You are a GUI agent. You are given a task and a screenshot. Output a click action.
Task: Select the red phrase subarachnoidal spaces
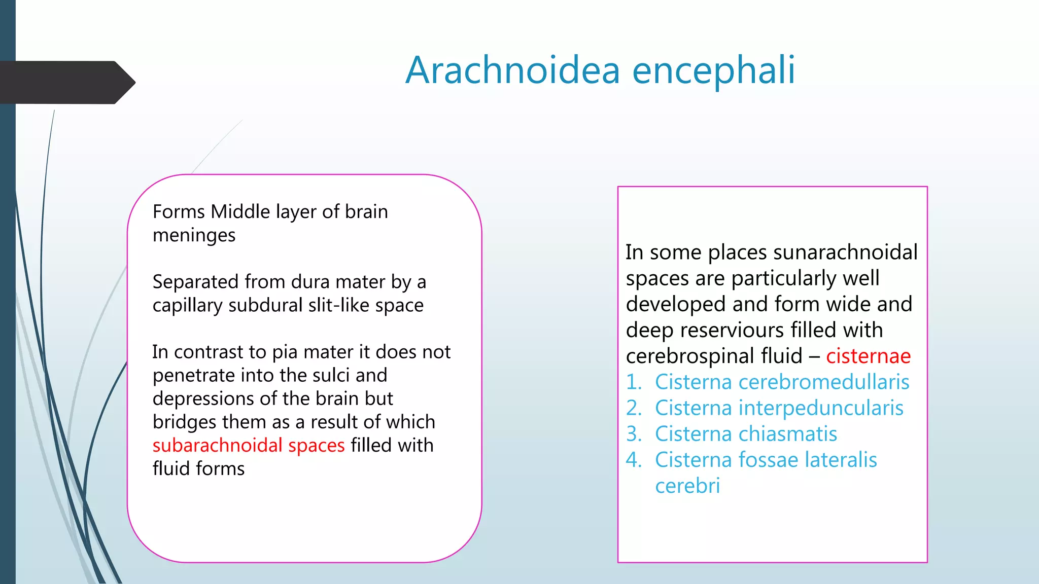point(249,445)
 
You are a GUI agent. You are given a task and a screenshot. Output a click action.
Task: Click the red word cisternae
point(868,356)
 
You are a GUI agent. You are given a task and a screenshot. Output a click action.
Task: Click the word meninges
point(194,235)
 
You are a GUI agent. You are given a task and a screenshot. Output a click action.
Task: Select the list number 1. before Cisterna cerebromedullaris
point(634,382)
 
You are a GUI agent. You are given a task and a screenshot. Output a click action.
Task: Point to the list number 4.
point(634,460)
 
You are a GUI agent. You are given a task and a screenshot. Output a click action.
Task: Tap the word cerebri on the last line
point(687,486)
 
